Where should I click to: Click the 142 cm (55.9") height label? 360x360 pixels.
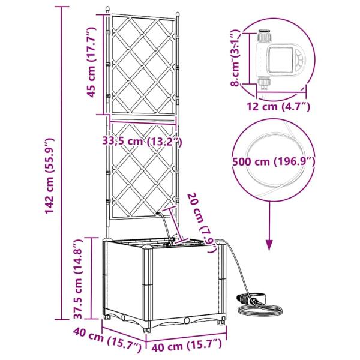(x=49, y=176)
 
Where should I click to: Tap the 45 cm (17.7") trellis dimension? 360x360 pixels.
(x=91, y=62)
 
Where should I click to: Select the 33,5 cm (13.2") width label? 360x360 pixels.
(x=142, y=142)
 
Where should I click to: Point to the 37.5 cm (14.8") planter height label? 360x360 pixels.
(x=78, y=279)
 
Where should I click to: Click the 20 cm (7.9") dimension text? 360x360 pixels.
(x=202, y=223)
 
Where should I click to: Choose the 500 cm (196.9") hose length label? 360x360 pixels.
(x=274, y=162)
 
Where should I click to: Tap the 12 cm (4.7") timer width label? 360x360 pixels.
(x=278, y=107)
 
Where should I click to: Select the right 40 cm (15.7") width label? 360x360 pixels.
(x=187, y=344)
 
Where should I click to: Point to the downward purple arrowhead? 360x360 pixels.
(x=269, y=245)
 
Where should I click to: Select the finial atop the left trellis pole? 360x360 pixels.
(x=107, y=10)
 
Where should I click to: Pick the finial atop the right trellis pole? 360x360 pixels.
(x=177, y=14)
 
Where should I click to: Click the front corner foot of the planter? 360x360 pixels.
(x=147, y=329)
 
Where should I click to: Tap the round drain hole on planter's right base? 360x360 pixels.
(x=187, y=320)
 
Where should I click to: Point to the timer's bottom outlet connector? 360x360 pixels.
(x=264, y=83)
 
